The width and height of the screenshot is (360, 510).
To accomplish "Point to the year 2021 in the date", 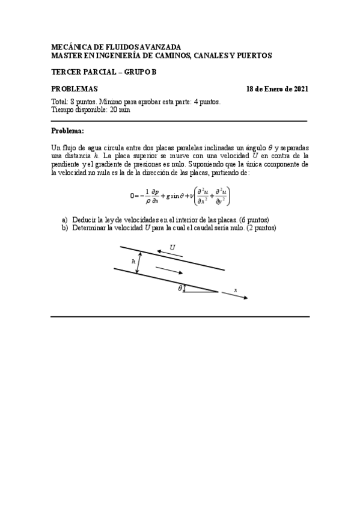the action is pyautogui.click(x=299, y=89).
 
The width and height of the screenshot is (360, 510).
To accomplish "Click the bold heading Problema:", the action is pyautogui.click(x=68, y=131).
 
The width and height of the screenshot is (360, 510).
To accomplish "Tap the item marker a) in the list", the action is pyautogui.click(x=64, y=220).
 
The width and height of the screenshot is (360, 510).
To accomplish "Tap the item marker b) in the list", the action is pyautogui.click(x=64, y=227).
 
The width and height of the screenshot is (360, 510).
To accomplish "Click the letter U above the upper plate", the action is pyautogui.click(x=172, y=247).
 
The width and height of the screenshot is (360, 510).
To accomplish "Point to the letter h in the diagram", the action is pyautogui.click(x=133, y=262).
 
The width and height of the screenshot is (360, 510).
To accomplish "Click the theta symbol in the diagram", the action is pyautogui.click(x=180, y=289).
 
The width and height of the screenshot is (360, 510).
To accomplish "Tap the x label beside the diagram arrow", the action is pyautogui.click(x=235, y=290).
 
